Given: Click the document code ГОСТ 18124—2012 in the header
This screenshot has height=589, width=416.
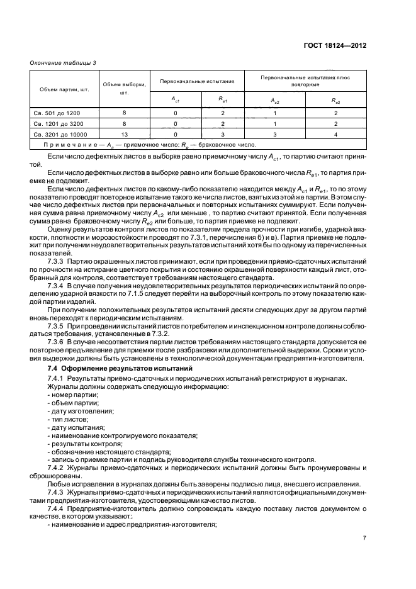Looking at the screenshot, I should (334, 46).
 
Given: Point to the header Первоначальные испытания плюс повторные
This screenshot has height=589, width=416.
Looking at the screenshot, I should (305, 81).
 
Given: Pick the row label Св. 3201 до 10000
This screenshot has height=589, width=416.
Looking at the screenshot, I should (60, 134).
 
